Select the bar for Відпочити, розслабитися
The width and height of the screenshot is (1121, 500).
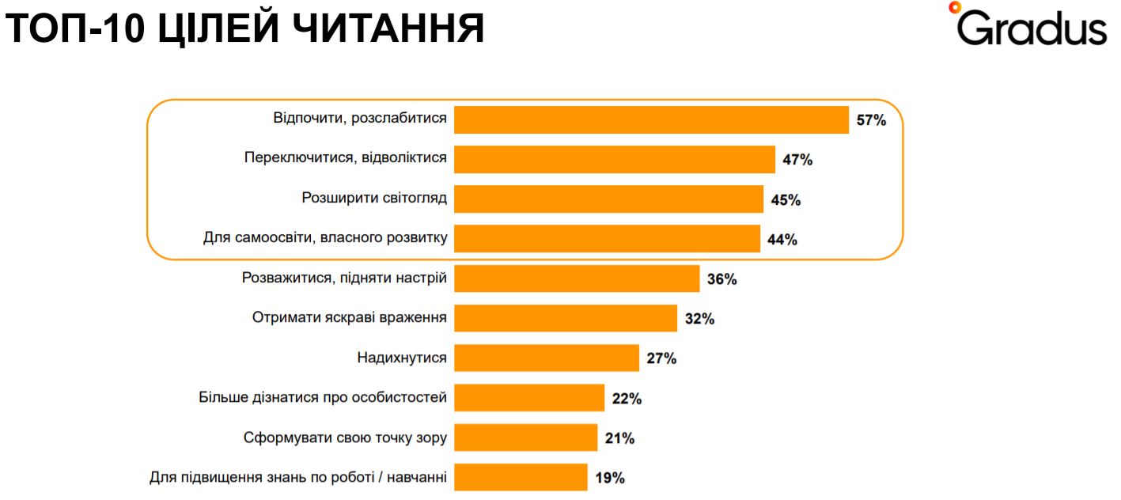click(651, 119)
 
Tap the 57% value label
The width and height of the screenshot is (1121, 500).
click(871, 120)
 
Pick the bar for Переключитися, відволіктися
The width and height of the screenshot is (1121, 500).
click(615, 159)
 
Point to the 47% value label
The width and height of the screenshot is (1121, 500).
click(797, 160)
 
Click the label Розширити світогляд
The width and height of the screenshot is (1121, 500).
click(374, 198)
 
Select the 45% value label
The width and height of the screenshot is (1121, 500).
click(786, 200)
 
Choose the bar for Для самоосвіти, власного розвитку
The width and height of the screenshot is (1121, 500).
click(607, 239)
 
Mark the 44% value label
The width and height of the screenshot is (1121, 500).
click(782, 240)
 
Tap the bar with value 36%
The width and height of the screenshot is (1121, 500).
click(577, 278)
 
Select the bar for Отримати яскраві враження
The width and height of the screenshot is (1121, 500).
click(566, 318)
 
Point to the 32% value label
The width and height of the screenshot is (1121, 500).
click(699, 319)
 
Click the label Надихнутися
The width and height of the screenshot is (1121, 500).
click(401, 358)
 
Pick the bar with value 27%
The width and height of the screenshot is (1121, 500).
click(547, 358)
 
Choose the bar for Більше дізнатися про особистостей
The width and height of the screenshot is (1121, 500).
click(529, 397)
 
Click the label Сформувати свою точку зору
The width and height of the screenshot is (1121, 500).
click(344, 437)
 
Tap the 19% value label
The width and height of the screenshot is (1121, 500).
click(609, 478)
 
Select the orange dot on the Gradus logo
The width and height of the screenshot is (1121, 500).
click(954, 7)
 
